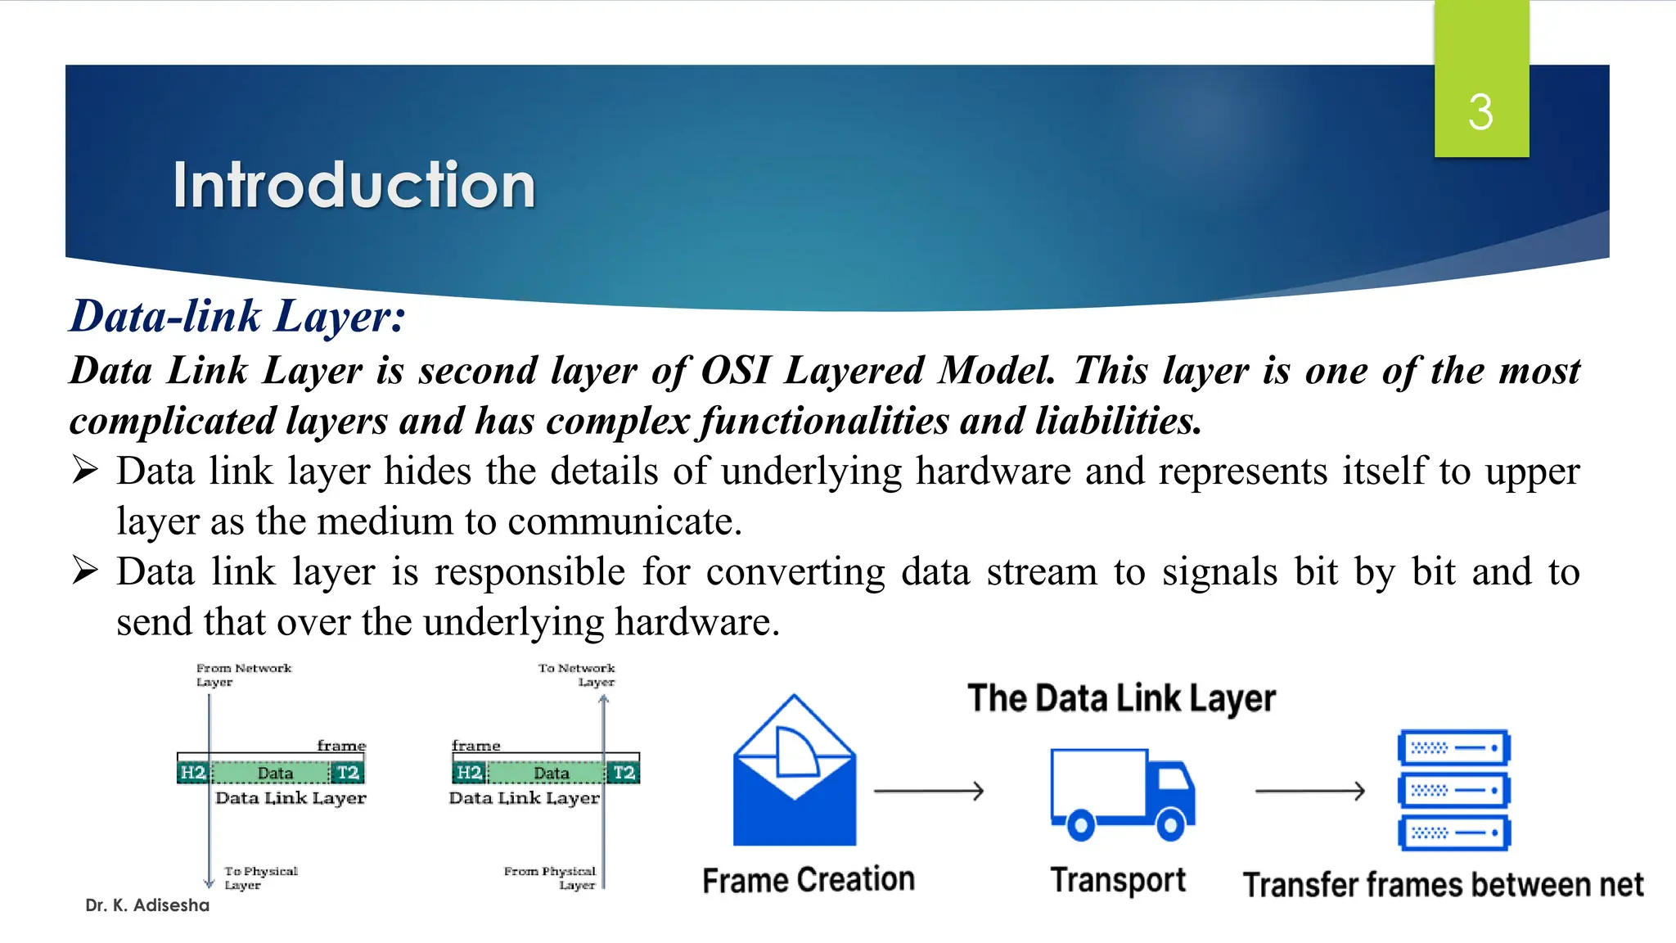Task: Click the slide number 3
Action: (1480, 112)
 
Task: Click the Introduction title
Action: (354, 185)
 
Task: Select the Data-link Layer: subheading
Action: (237, 316)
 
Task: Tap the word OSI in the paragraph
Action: (735, 370)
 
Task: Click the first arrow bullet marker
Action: (85, 471)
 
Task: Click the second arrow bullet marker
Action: (85, 571)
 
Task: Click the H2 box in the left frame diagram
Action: (193, 773)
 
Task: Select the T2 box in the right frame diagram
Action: (624, 773)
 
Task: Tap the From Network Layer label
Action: (242, 675)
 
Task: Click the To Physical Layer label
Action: (260, 878)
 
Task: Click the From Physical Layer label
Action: (550, 878)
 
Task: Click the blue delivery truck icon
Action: (1121, 792)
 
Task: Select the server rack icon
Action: (1453, 791)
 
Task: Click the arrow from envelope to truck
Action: (928, 791)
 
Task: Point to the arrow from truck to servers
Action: (1309, 791)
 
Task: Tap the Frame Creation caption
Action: (808, 880)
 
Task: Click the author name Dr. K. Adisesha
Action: (147, 905)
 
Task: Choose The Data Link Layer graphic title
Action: (1121, 698)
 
